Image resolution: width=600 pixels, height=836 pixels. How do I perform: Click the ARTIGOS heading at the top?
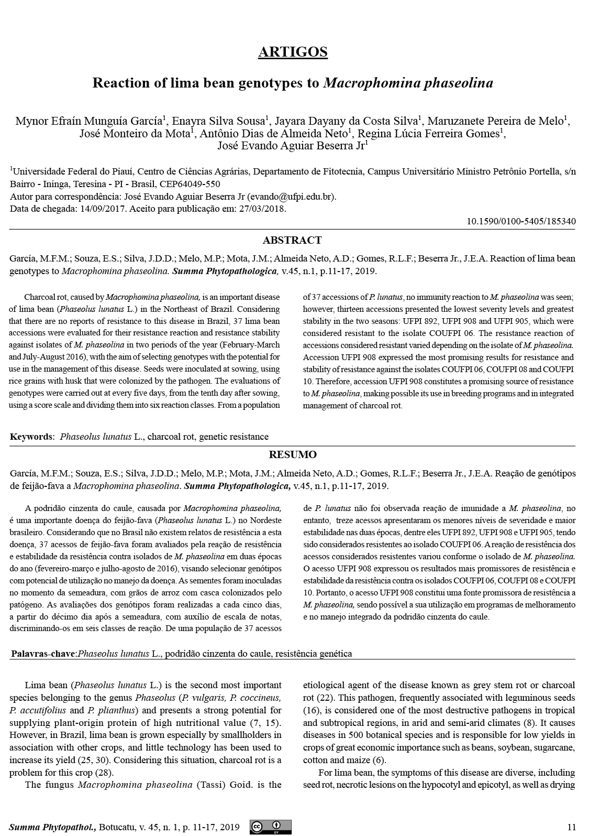[293, 52]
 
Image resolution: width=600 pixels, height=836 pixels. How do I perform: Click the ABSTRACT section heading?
[292, 241]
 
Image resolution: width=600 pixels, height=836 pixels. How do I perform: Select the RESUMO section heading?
[293, 454]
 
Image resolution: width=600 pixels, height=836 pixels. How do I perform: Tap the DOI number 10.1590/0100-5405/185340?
[521, 221]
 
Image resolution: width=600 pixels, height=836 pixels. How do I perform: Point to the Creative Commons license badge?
[271, 827]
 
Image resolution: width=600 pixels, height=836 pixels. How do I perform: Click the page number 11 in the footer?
[571, 827]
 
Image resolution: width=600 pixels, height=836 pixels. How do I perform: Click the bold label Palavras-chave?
[43, 654]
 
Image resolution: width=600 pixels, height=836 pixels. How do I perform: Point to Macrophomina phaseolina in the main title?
[408, 83]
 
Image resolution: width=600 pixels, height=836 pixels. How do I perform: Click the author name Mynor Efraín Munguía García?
[88, 122]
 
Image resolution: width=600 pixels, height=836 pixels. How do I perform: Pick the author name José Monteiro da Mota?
[135, 134]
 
